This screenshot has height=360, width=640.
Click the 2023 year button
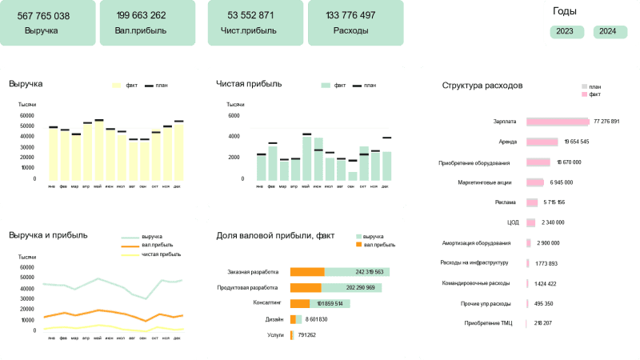565,32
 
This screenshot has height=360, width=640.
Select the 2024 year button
608,32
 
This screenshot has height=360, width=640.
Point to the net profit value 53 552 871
250,16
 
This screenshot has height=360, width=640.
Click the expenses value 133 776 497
351,16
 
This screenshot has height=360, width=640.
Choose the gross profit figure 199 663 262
141,16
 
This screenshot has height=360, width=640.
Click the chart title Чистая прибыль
249,82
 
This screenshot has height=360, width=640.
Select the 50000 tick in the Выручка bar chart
27,126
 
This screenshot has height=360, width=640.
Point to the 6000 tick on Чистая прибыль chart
234,115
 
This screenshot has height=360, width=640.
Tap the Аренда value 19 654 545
576,142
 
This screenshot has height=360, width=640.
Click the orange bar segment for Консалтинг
299,304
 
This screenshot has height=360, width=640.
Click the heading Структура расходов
482,85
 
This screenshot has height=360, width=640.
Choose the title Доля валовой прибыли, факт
275,235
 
